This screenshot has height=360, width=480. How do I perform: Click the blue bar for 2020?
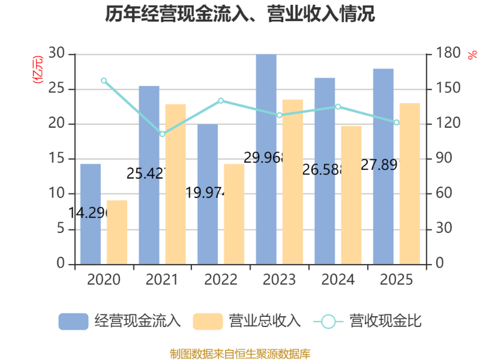coord(90,214)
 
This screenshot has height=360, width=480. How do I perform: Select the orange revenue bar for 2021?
coord(176,184)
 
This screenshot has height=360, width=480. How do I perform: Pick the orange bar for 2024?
coord(352,194)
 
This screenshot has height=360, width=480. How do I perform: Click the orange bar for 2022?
coord(234,214)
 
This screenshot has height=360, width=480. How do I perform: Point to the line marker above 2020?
coord(103,80)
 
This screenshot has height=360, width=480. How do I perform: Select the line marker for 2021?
coord(162,134)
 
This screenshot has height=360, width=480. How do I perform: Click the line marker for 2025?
coord(397,122)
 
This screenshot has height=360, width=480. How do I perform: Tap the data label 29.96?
coord(263,158)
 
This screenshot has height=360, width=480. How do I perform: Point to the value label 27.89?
coord(380,165)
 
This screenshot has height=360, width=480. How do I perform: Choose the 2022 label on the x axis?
coord(221,280)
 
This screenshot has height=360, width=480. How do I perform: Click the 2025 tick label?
coord(397,280)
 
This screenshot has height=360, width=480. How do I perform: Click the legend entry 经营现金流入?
coord(120,321)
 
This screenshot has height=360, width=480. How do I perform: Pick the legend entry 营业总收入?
coord(247,321)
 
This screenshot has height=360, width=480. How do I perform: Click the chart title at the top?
coord(240,14)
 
